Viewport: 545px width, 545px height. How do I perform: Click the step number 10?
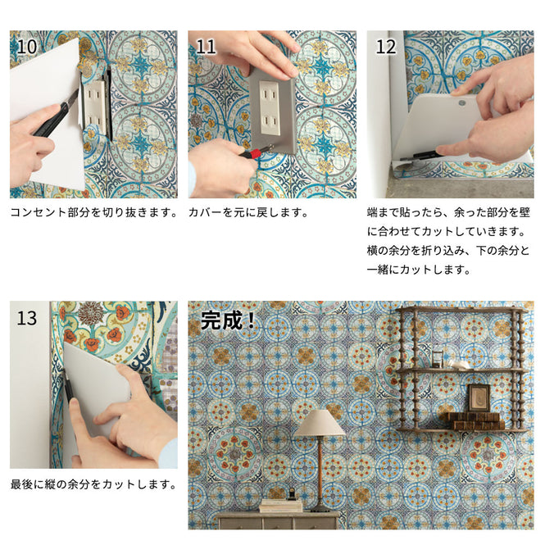27,46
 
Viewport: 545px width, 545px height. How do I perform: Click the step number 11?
206,46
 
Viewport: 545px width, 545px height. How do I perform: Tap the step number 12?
385,46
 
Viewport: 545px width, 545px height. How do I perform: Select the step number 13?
27,317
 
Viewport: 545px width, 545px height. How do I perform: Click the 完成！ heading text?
228,320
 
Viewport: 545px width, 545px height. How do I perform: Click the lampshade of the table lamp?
320,423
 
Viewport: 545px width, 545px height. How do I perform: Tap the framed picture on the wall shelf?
479,398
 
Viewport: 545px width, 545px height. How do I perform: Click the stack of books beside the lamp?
281,504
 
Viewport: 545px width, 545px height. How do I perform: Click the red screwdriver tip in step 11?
255,152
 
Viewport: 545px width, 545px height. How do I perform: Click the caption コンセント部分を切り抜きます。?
94,212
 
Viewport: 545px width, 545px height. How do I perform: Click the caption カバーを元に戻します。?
248,212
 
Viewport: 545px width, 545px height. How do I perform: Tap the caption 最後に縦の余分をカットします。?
94,484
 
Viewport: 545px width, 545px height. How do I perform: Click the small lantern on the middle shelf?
438,358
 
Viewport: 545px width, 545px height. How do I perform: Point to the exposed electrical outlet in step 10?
95,107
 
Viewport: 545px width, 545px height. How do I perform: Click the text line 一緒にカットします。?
419,269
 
